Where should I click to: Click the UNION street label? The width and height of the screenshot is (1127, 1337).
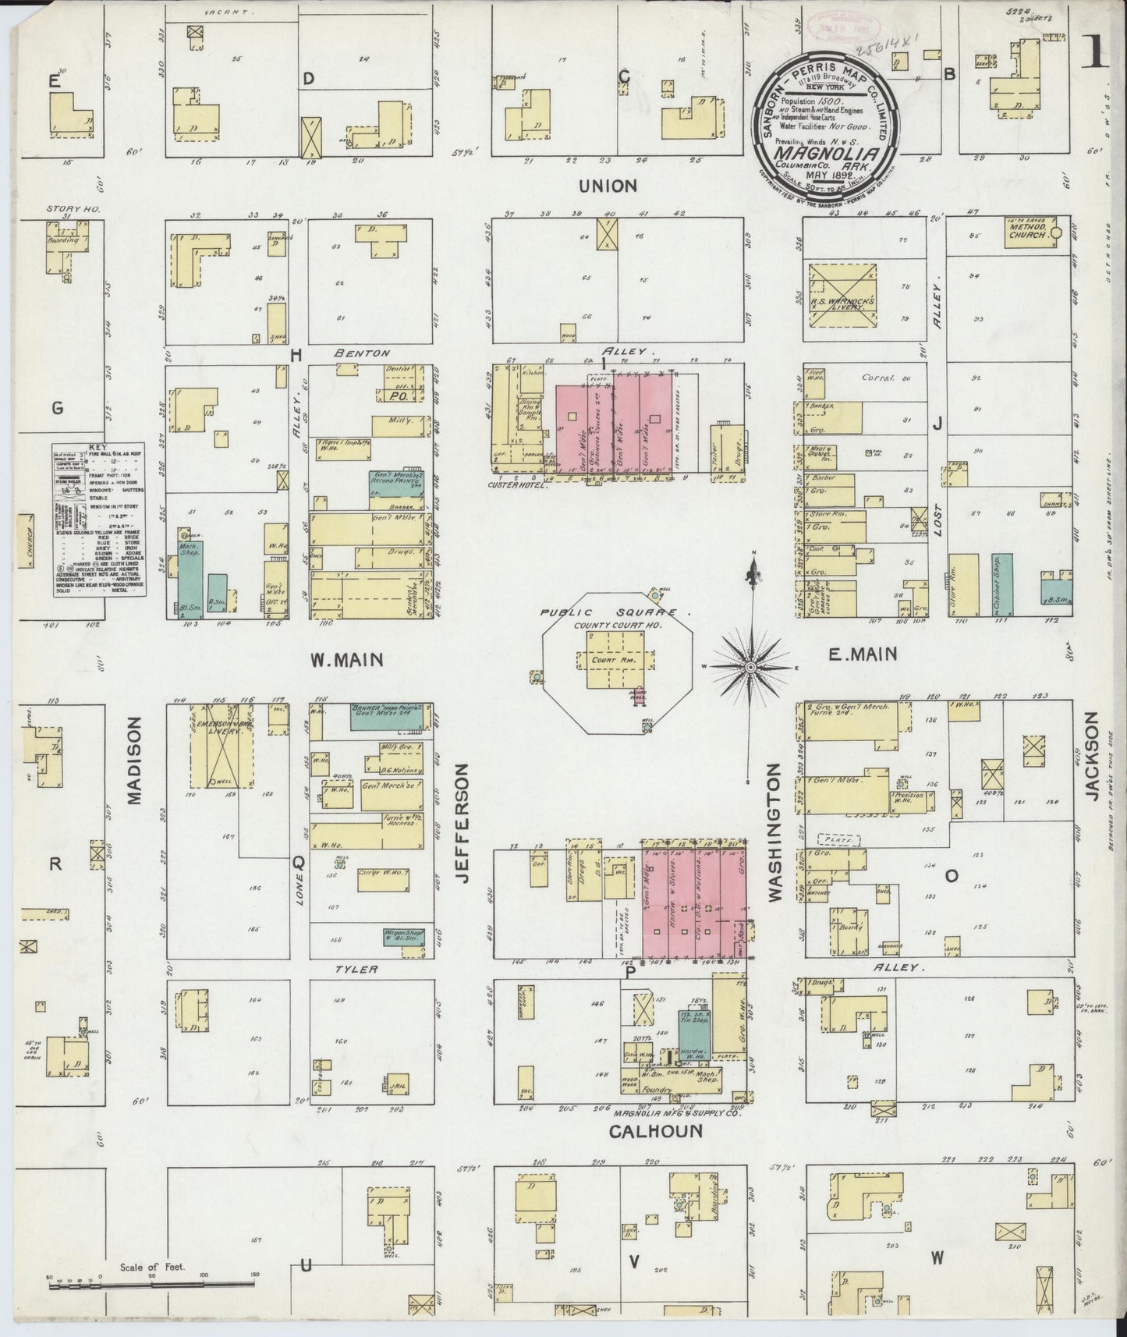[x=608, y=186]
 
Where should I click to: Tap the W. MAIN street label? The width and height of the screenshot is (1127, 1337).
[x=347, y=660]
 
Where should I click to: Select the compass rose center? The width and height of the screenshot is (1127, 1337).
[x=751, y=668]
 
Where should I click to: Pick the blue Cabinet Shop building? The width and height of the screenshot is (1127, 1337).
[x=1001, y=584]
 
